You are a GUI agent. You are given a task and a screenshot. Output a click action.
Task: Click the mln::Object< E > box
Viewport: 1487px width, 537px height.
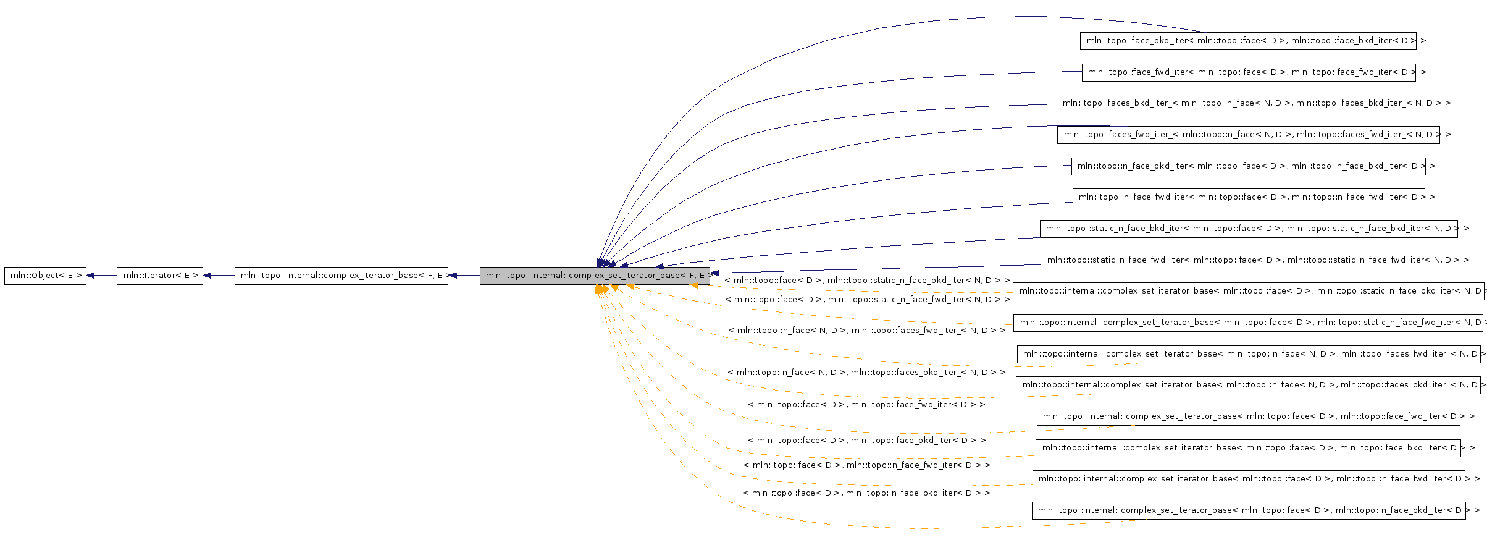point(45,276)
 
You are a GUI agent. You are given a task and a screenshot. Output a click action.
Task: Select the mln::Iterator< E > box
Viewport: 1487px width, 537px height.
point(160,276)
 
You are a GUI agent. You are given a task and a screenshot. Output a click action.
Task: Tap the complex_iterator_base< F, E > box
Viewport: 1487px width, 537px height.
point(341,276)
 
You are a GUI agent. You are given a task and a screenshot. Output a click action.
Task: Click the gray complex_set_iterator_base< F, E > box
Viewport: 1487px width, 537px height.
point(595,276)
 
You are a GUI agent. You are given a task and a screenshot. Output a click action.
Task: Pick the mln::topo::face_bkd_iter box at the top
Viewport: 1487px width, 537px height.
point(1248,41)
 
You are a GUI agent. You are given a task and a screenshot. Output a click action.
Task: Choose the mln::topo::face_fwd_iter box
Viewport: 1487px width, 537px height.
point(1249,72)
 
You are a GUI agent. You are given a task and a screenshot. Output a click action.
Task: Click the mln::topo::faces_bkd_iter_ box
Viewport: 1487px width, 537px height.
point(1249,103)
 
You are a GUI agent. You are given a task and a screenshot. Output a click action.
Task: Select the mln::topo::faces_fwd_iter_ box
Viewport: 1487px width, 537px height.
point(1248,135)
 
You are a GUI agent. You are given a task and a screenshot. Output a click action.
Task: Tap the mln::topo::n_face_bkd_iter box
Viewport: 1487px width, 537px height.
point(1248,166)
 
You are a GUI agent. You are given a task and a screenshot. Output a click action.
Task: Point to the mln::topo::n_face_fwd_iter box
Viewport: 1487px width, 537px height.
point(1249,197)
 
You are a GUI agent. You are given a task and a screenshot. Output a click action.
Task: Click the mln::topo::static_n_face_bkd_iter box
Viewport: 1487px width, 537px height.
point(1249,229)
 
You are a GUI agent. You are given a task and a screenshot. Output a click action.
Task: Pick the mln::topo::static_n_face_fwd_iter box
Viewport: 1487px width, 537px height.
point(1248,260)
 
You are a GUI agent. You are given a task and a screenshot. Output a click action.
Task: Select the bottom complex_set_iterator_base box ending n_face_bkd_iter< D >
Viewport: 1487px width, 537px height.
point(1248,510)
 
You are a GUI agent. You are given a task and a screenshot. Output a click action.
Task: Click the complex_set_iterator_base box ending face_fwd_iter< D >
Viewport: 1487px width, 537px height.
point(1248,416)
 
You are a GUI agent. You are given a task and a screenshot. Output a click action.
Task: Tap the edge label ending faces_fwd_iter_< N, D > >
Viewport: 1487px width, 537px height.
point(867,331)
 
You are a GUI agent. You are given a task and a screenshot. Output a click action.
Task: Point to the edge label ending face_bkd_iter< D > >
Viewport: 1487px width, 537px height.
point(867,441)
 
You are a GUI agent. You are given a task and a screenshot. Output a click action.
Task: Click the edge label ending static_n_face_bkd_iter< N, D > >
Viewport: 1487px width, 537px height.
point(867,281)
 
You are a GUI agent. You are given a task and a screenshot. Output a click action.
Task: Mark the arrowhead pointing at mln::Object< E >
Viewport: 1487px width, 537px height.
point(91,276)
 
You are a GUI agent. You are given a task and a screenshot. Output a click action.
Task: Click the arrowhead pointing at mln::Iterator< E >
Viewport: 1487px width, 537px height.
point(207,276)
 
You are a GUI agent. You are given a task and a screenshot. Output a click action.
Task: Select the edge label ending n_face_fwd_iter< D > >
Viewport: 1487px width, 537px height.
point(867,465)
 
